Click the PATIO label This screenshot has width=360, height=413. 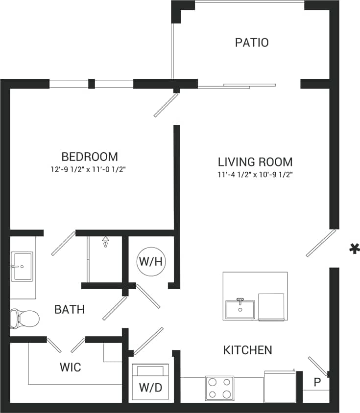click(252, 43)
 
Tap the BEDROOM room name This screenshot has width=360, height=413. click(90, 157)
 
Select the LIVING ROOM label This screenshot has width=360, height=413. click(255, 161)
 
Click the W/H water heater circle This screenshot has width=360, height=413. click(150, 261)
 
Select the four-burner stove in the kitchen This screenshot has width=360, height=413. click(219, 388)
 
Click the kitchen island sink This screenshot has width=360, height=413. click(240, 309)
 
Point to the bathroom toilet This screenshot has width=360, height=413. click(24, 319)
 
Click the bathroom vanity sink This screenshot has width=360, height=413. click(22, 267)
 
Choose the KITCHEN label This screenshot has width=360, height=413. click(247, 350)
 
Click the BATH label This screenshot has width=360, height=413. click(69, 310)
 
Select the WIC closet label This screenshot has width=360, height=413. click(70, 367)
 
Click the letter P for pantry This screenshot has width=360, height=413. click(316, 382)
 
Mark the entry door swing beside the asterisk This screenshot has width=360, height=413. click(321, 243)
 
